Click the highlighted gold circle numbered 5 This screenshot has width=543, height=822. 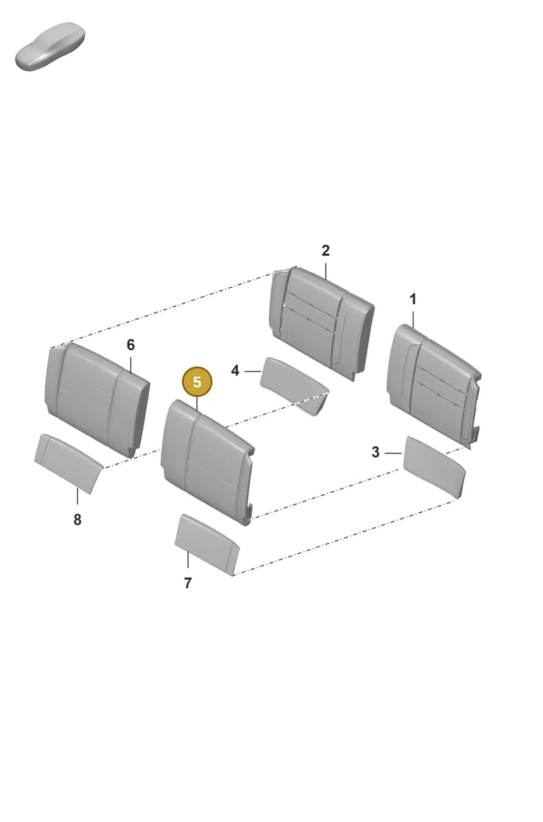pyautogui.click(x=197, y=382)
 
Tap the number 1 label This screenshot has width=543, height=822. pyautogui.click(x=413, y=299)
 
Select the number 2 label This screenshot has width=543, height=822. pyautogui.click(x=325, y=251)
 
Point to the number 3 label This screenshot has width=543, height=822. pyautogui.click(x=375, y=452)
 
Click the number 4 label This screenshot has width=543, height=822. pyautogui.click(x=235, y=371)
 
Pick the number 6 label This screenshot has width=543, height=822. pyautogui.click(x=130, y=345)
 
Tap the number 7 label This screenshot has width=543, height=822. pyautogui.click(x=188, y=583)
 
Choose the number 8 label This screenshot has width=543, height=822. pyautogui.click(x=77, y=520)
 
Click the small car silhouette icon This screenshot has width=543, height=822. pyautogui.click(x=50, y=47)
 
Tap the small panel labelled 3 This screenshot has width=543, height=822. pyautogui.click(x=434, y=467)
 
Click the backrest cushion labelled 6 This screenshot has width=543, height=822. pyautogui.click(x=97, y=400)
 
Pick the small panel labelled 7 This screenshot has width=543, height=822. pyautogui.click(x=207, y=544)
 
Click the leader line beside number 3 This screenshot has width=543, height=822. pyautogui.click(x=393, y=453)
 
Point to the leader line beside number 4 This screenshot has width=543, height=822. pyautogui.click(x=252, y=372)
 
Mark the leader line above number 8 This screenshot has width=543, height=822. pyautogui.click(x=77, y=496)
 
